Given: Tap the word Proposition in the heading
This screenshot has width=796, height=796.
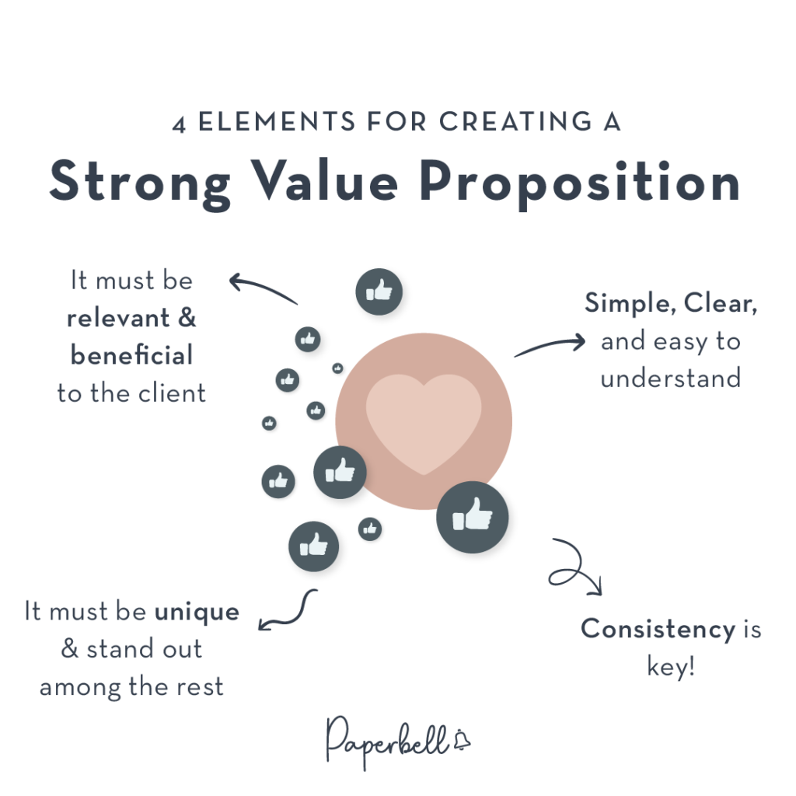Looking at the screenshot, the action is [x=579, y=183].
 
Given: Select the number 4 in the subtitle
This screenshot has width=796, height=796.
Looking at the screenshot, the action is [x=179, y=124].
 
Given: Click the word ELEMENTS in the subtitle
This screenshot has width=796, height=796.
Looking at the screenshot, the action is [x=277, y=122].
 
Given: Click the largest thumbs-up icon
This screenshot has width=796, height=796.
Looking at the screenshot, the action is [x=472, y=517].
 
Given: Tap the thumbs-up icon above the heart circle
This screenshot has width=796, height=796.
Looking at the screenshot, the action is [x=379, y=292].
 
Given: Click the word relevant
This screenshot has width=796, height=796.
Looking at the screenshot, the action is [x=118, y=318].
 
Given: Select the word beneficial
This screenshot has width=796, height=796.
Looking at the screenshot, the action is [x=131, y=354].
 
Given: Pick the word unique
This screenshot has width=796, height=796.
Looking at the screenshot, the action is [x=197, y=612].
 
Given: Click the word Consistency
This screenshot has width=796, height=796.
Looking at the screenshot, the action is [x=658, y=630].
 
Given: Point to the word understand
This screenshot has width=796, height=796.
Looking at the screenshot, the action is [x=671, y=379].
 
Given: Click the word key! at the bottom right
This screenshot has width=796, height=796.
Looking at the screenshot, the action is [x=671, y=666].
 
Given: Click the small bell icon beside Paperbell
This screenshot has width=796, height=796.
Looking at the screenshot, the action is [x=462, y=740].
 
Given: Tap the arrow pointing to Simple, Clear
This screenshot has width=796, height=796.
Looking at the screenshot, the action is [x=551, y=344].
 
